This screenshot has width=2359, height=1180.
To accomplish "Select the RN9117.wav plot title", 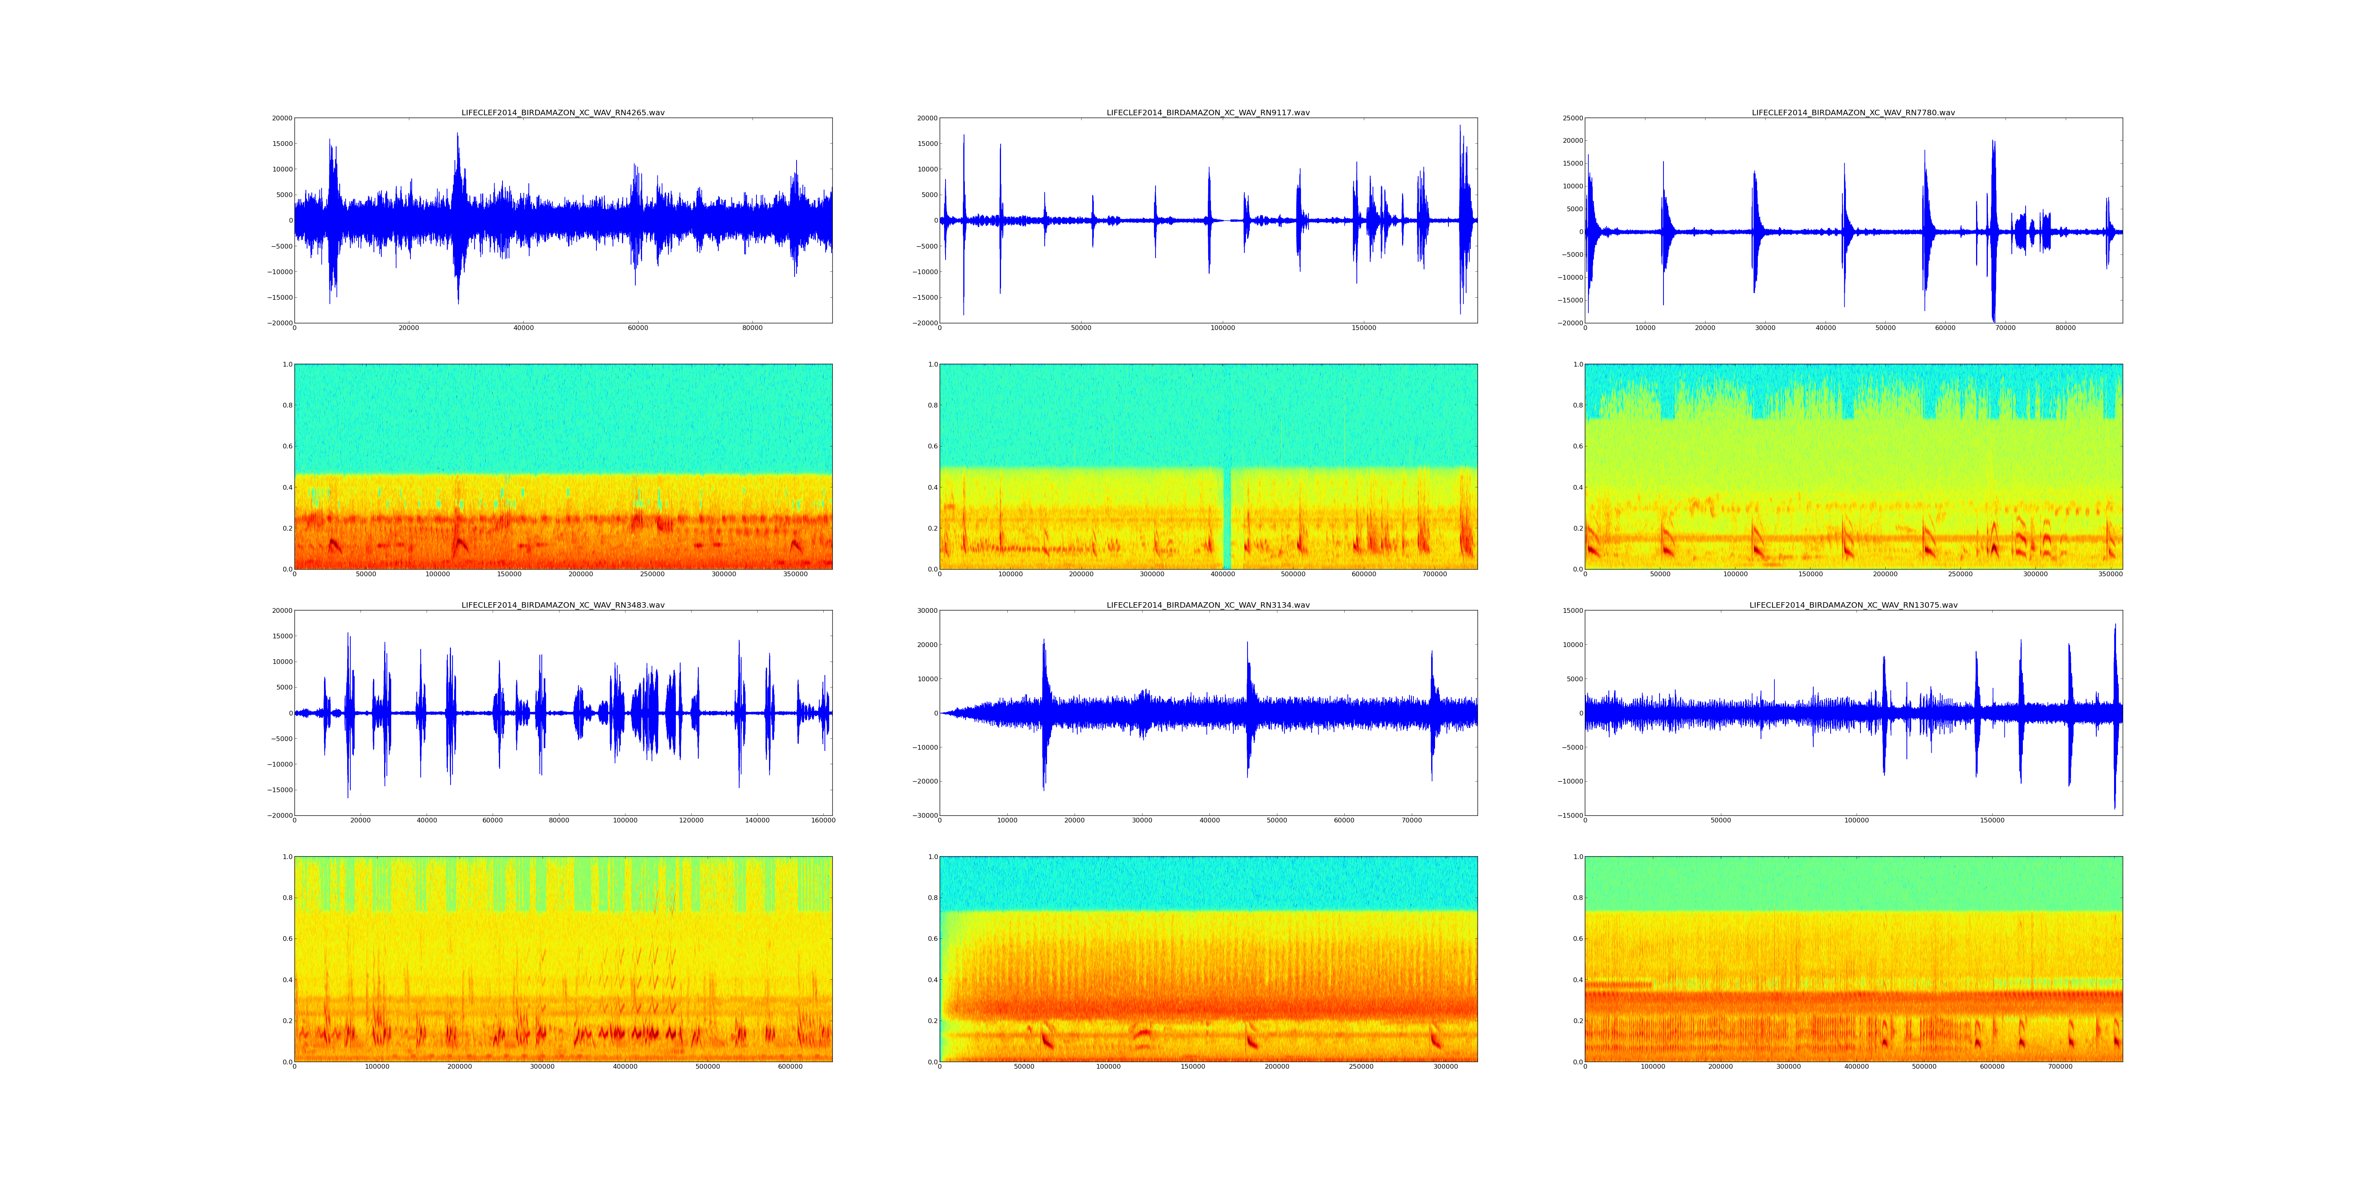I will [1208, 112].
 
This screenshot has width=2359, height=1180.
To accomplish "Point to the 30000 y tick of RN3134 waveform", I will [925, 611].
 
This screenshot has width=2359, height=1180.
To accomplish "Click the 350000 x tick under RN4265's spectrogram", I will [796, 574].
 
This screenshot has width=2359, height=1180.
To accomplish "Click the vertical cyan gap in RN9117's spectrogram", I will [1227, 518].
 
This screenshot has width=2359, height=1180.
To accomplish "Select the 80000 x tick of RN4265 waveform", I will [752, 328].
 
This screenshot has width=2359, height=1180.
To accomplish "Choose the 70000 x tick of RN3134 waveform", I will [1411, 821].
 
